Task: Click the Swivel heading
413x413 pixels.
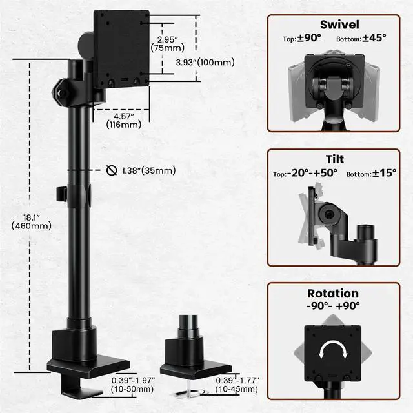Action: click(x=334, y=25)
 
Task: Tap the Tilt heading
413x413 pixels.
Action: click(x=334, y=159)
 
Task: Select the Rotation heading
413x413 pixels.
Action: click(x=334, y=294)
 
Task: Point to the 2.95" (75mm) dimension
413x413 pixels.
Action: click(x=166, y=43)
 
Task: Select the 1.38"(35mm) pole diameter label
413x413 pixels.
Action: click(x=148, y=170)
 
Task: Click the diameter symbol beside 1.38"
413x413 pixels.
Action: click(x=111, y=170)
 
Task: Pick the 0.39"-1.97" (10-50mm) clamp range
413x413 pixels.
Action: click(x=133, y=385)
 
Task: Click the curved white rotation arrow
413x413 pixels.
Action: click(x=334, y=352)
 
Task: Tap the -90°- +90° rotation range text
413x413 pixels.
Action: click(x=334, y=307)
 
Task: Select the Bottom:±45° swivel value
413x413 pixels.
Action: click(x=362, y=39)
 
